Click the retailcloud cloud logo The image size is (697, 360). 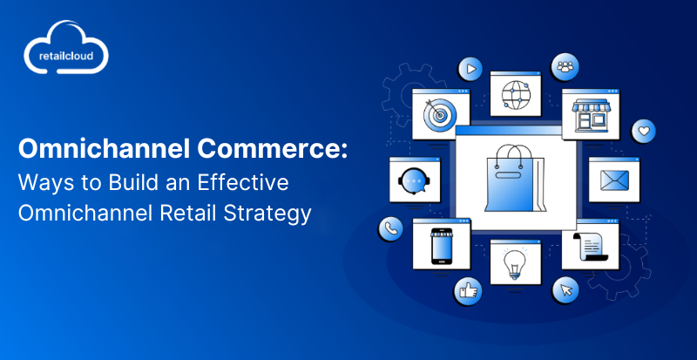[66, 47]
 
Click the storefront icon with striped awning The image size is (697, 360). [591, 115]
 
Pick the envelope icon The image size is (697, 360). [614, 180]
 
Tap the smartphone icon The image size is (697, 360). [441, 247]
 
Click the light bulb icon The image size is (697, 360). [515, 263]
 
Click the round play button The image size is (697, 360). [470, 69]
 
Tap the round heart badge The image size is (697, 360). [644, 132]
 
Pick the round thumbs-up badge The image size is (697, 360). [468, 292]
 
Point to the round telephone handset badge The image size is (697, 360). [390, 228]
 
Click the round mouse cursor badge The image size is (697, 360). [565, 290]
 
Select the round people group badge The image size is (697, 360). [565, 67]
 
